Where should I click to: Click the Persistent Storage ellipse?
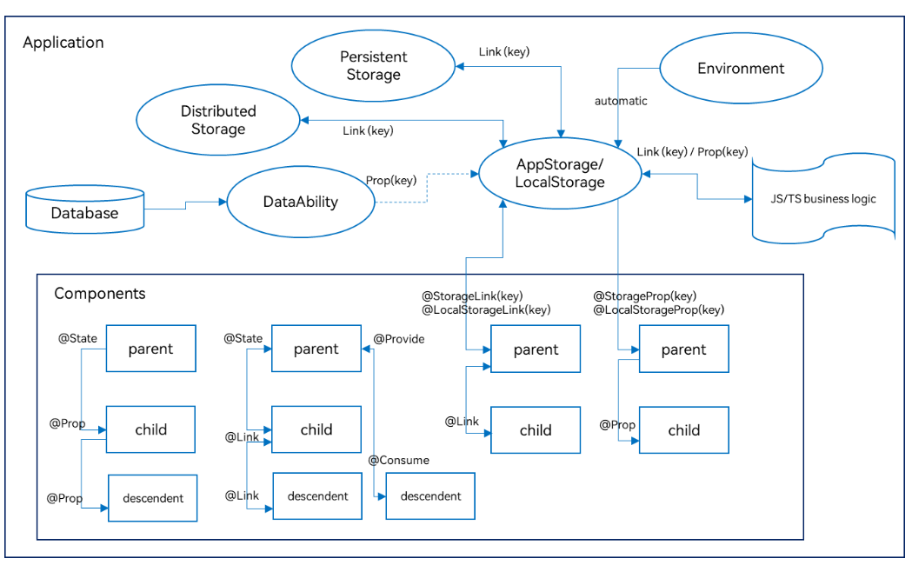point(373,66)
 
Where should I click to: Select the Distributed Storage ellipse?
point(218,120)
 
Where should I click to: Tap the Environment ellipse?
point(741,69)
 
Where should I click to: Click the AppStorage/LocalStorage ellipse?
point(559,173)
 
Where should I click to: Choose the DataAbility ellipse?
point(300,202)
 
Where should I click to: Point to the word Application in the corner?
point(63,43)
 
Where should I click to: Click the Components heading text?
point(100,294)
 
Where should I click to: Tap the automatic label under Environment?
point(621,101)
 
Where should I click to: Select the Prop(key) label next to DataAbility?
point(390,181)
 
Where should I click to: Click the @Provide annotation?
point(398,339)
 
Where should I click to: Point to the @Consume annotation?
point(398,460)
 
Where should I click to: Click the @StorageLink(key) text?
point(472,296)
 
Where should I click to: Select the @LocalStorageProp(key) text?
point(658,309)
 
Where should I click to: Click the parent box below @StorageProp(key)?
point(683,349)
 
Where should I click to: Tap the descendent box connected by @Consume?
point(430,496)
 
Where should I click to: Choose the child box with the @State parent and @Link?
point(316,429)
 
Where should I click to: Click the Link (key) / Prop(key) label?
point(692,152)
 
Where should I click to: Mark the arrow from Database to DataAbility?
point(185,206)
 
